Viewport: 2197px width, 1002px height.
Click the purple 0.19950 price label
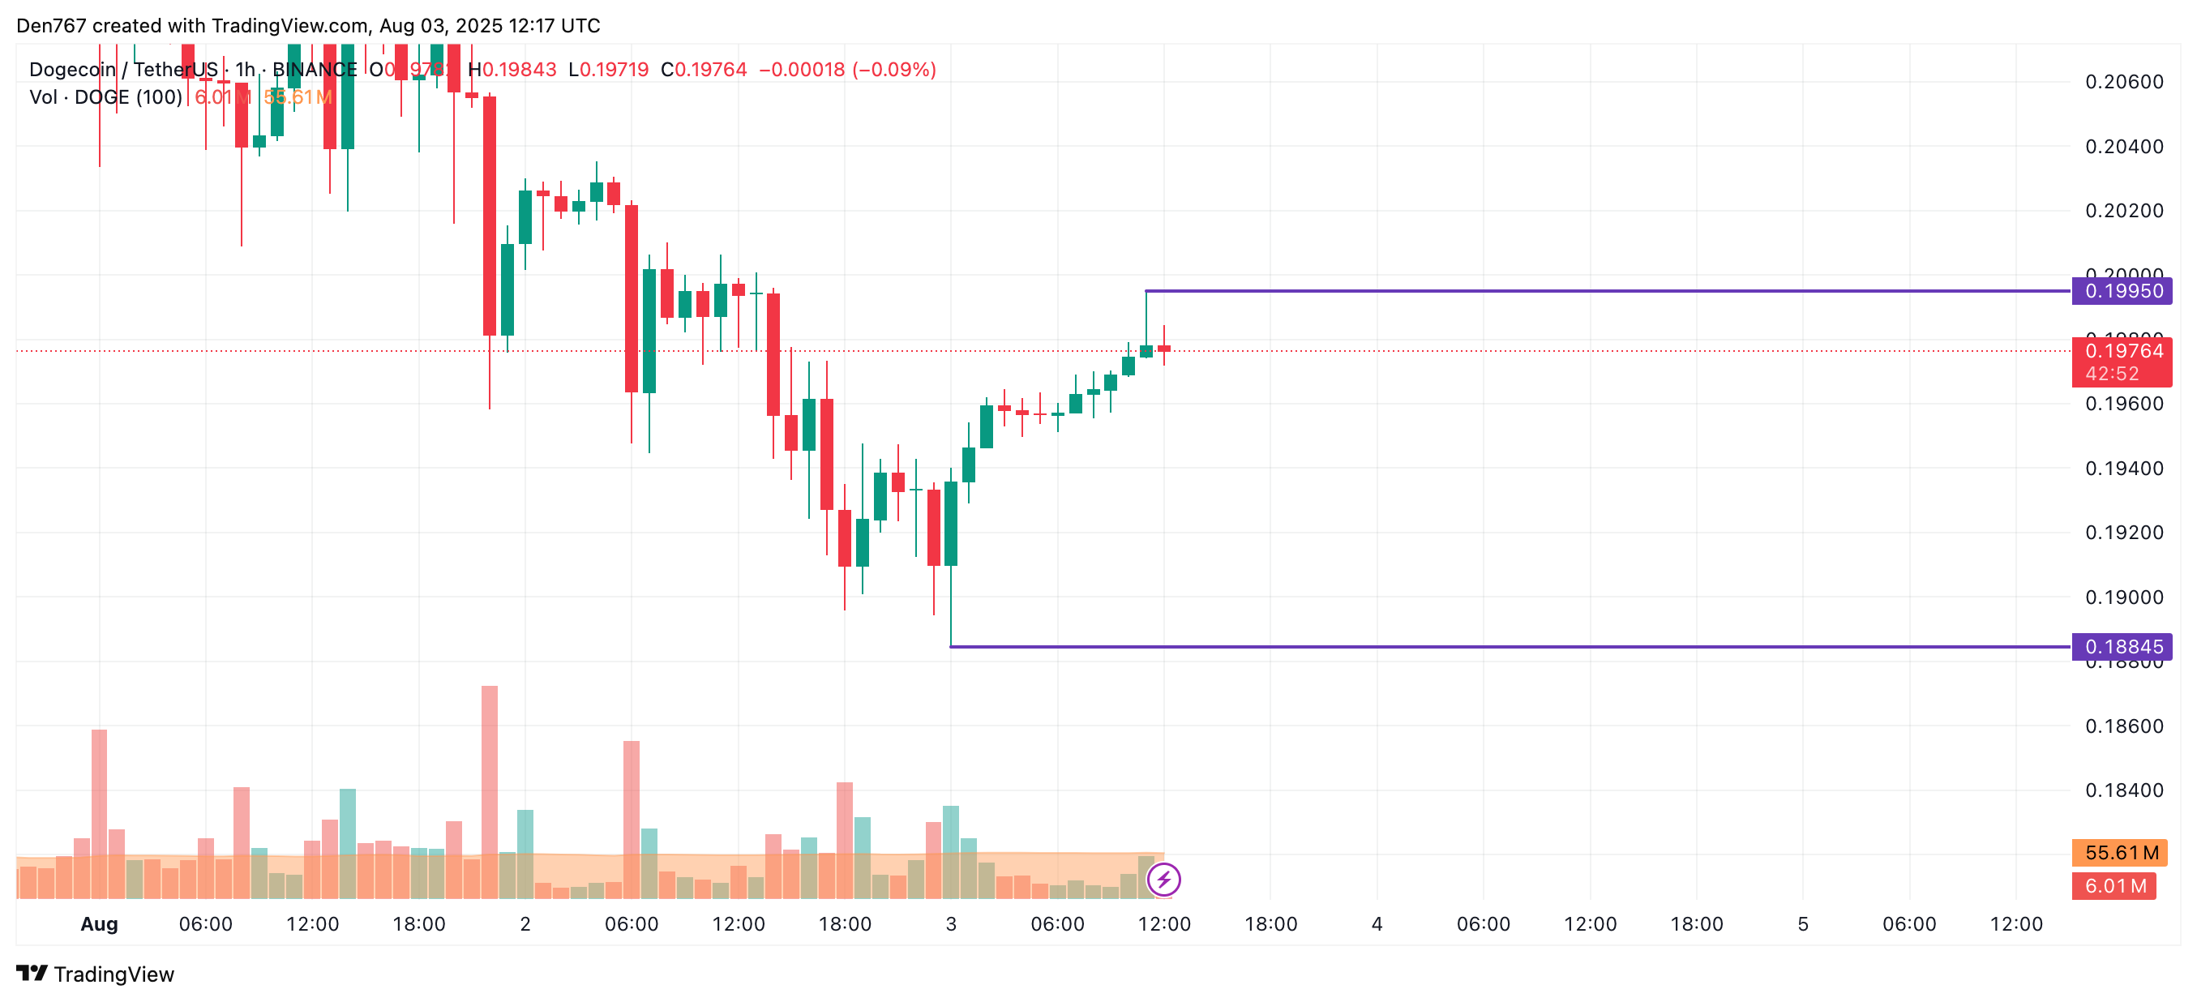pyautogui.click(x=2122, y=292)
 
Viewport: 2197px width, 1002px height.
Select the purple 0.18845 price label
pyautogui.click(x=2122, y=647)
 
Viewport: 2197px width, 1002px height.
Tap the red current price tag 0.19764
pyautogui.click(x=2122, y=351)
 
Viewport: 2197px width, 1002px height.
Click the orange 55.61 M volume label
pyautogui.click(x=2120, y=853)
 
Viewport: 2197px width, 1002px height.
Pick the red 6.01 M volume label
pyautogui.click(x=2114, y=886)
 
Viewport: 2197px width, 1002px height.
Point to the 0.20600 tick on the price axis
pyautogui.click(x=2124, y=82)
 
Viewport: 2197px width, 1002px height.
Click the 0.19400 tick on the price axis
pyautogui.click(x=2124, y=469)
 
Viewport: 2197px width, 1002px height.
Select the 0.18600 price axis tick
pyautogui.click(x=2124, y=726)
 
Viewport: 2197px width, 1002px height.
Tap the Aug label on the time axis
pyautogui.click(x=99, y=924)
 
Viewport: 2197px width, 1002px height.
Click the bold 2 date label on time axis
pyautogui.click(x=525, y=924)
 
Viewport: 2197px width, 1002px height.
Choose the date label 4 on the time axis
pyautogui.click(x=1377, y=924)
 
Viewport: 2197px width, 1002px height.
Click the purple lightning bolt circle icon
pyautogui.click(x=1163, y=880)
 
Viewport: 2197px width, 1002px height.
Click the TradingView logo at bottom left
pyautogui.click(x=96, y=974)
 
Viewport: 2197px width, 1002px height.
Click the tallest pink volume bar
pyautogui.click(x=490, y=768)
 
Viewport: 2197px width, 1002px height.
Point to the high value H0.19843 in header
pyautogui.click(x=512, y=70)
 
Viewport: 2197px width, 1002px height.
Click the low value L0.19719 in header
pyautogui.click(x=609, y=70)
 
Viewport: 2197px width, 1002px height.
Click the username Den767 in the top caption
pyautogui.click(x=51, y=26)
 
